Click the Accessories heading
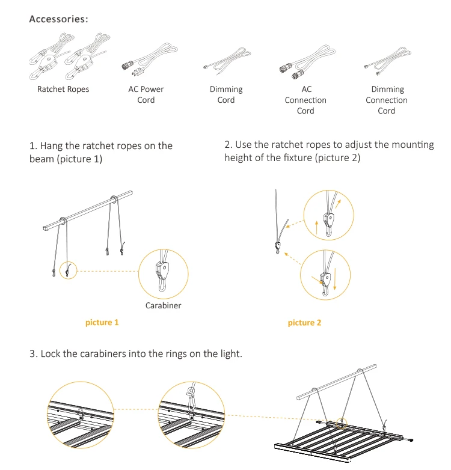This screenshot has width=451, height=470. (x=58, y=19)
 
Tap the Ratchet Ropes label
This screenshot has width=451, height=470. (x=63, y=90)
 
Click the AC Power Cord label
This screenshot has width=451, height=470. (x=146, y=94)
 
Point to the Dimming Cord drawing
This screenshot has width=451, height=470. (x=226, y=62)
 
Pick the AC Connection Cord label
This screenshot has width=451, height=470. (x=305, y=100)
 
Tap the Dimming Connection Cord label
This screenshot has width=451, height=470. (x=387, y=100)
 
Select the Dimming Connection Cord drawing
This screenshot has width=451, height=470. (x=386, y=65)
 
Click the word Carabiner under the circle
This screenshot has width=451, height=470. (x=163, y=305)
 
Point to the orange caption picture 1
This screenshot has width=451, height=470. (x=102, y=323)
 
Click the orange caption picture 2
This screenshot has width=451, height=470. (x=305, y=323)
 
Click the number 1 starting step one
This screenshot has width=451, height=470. (x=32, y=146)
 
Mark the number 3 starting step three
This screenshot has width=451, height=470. (x=32, y=353)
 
